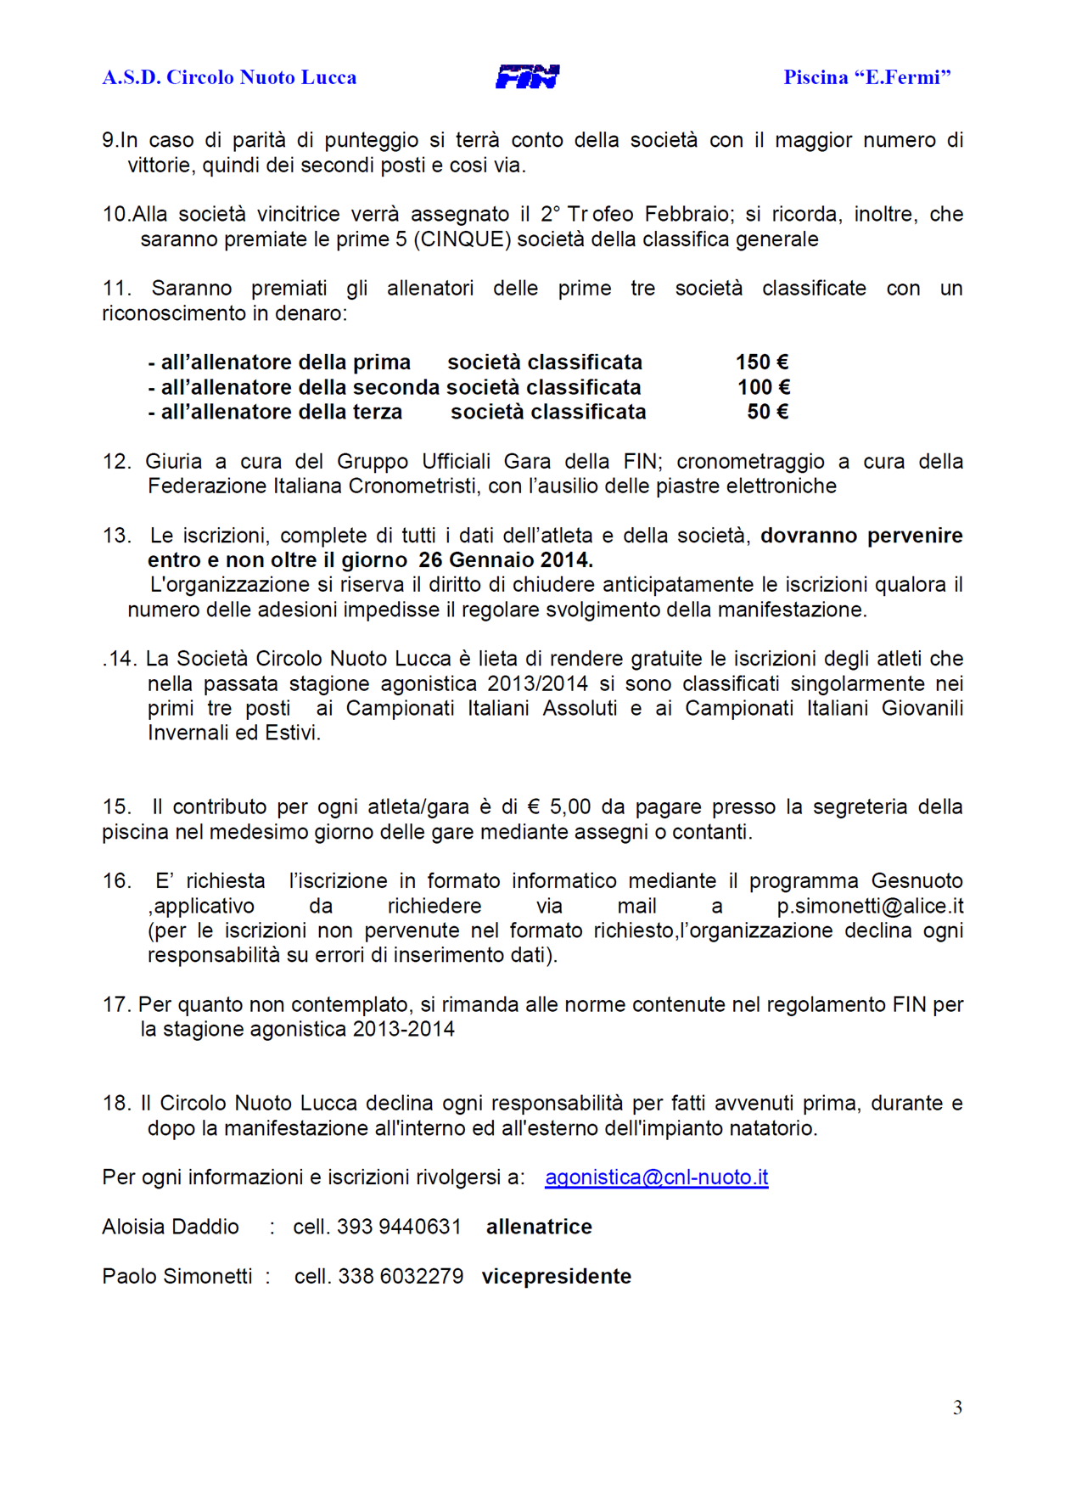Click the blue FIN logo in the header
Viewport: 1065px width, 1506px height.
point(527,77)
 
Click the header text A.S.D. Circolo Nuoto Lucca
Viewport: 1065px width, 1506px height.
point(229,77)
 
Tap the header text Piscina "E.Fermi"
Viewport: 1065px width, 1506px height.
point(866,77)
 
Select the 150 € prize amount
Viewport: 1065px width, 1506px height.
point(761,362)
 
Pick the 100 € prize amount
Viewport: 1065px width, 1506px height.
point(763,387)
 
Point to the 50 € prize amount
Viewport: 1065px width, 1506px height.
point(767,412)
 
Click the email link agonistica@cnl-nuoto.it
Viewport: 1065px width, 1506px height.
point(656,1177)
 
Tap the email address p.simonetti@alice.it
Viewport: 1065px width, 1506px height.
point(869,906)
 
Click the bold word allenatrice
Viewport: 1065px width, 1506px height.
point(539,1227)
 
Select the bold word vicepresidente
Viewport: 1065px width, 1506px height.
point(556,1277)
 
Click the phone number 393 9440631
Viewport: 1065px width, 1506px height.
point(399,1227)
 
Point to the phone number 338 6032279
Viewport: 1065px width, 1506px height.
point(401,1277)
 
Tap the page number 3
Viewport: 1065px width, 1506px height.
point(957,1408)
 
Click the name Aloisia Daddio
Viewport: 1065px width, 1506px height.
point(171,1227)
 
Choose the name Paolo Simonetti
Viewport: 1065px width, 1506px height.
point(177,1277)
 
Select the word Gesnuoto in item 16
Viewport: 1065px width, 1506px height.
point(916,881)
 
